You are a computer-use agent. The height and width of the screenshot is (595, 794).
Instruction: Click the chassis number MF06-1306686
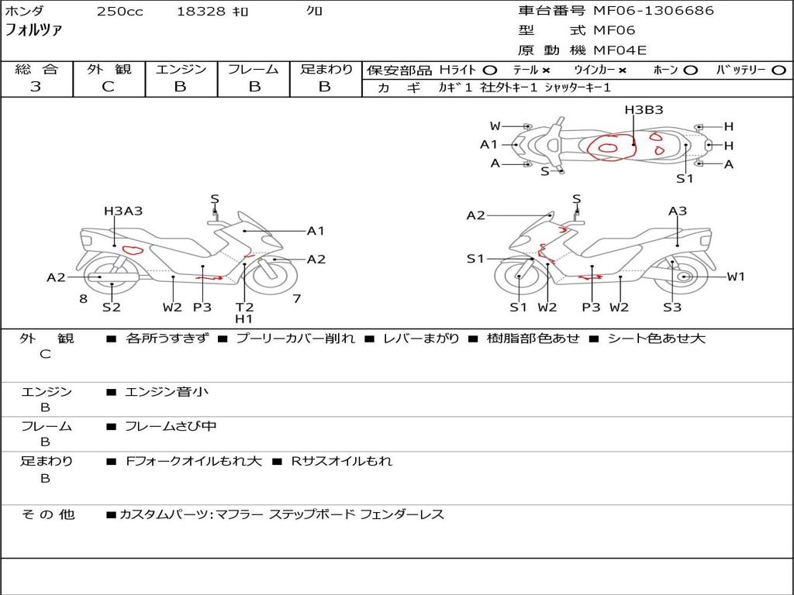pos(654,11)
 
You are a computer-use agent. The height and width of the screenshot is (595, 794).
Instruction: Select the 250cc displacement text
pos(119,12)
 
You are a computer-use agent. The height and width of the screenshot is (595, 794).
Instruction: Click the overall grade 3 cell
pos(36,87)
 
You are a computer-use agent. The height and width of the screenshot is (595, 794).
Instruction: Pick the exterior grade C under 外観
pos(108,87)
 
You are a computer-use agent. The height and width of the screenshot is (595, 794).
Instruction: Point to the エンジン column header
pos(181,70)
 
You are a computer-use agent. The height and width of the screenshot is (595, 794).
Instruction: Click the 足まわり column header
pos(326,70)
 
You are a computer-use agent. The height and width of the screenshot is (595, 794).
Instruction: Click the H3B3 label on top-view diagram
pos(644,110)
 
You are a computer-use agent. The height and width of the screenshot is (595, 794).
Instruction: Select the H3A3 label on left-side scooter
pos(123,211)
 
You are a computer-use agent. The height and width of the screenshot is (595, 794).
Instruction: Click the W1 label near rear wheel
pos(736,277)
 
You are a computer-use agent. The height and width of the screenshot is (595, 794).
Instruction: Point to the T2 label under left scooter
pos(244,307)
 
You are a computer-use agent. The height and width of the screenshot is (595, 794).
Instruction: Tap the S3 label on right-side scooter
pos(671,308)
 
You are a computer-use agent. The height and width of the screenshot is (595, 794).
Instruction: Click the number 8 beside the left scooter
pos(83,298)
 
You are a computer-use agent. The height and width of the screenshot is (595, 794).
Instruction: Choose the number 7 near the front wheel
pos(296,298)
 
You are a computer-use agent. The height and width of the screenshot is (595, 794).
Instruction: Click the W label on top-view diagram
pos(495,126)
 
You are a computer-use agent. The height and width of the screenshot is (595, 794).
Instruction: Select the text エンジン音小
pos(167,392)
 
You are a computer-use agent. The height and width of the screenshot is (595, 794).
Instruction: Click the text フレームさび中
pos(171,426)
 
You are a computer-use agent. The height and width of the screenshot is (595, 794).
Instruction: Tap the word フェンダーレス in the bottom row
pos(402,514)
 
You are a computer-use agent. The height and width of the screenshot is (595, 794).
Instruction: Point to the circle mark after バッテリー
pos(778,71)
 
